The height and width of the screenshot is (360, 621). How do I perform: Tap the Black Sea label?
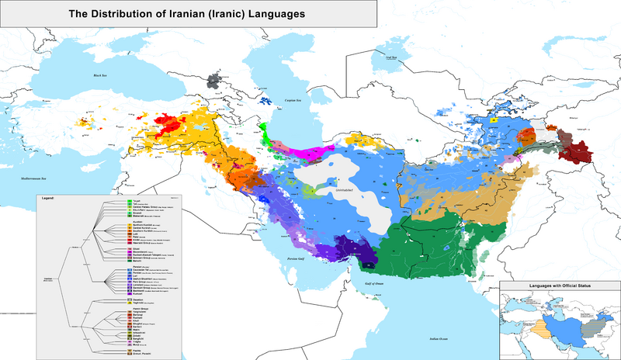tap(99, 75)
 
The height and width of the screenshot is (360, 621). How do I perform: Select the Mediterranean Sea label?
tap(21, 179)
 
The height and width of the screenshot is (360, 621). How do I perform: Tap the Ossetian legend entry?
tap(140, 299)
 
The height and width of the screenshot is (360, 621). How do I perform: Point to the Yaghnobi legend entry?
tap(140, 303)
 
